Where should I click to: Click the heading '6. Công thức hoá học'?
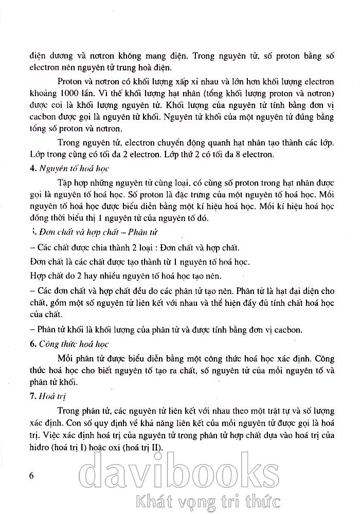74,344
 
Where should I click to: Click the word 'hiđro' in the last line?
41,447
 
